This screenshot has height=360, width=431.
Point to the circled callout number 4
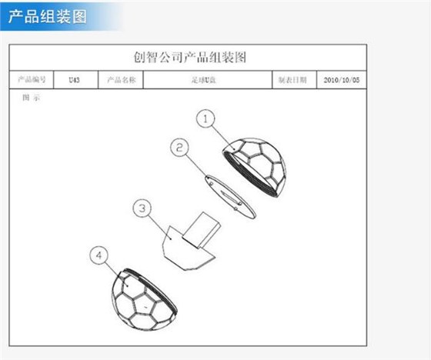point(99,255)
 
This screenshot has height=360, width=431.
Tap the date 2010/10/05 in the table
point(341,79)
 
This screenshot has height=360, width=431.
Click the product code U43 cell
point(74,79)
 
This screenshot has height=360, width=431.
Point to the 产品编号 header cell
point(32,79)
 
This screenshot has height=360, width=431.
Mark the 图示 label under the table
point(31,98)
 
